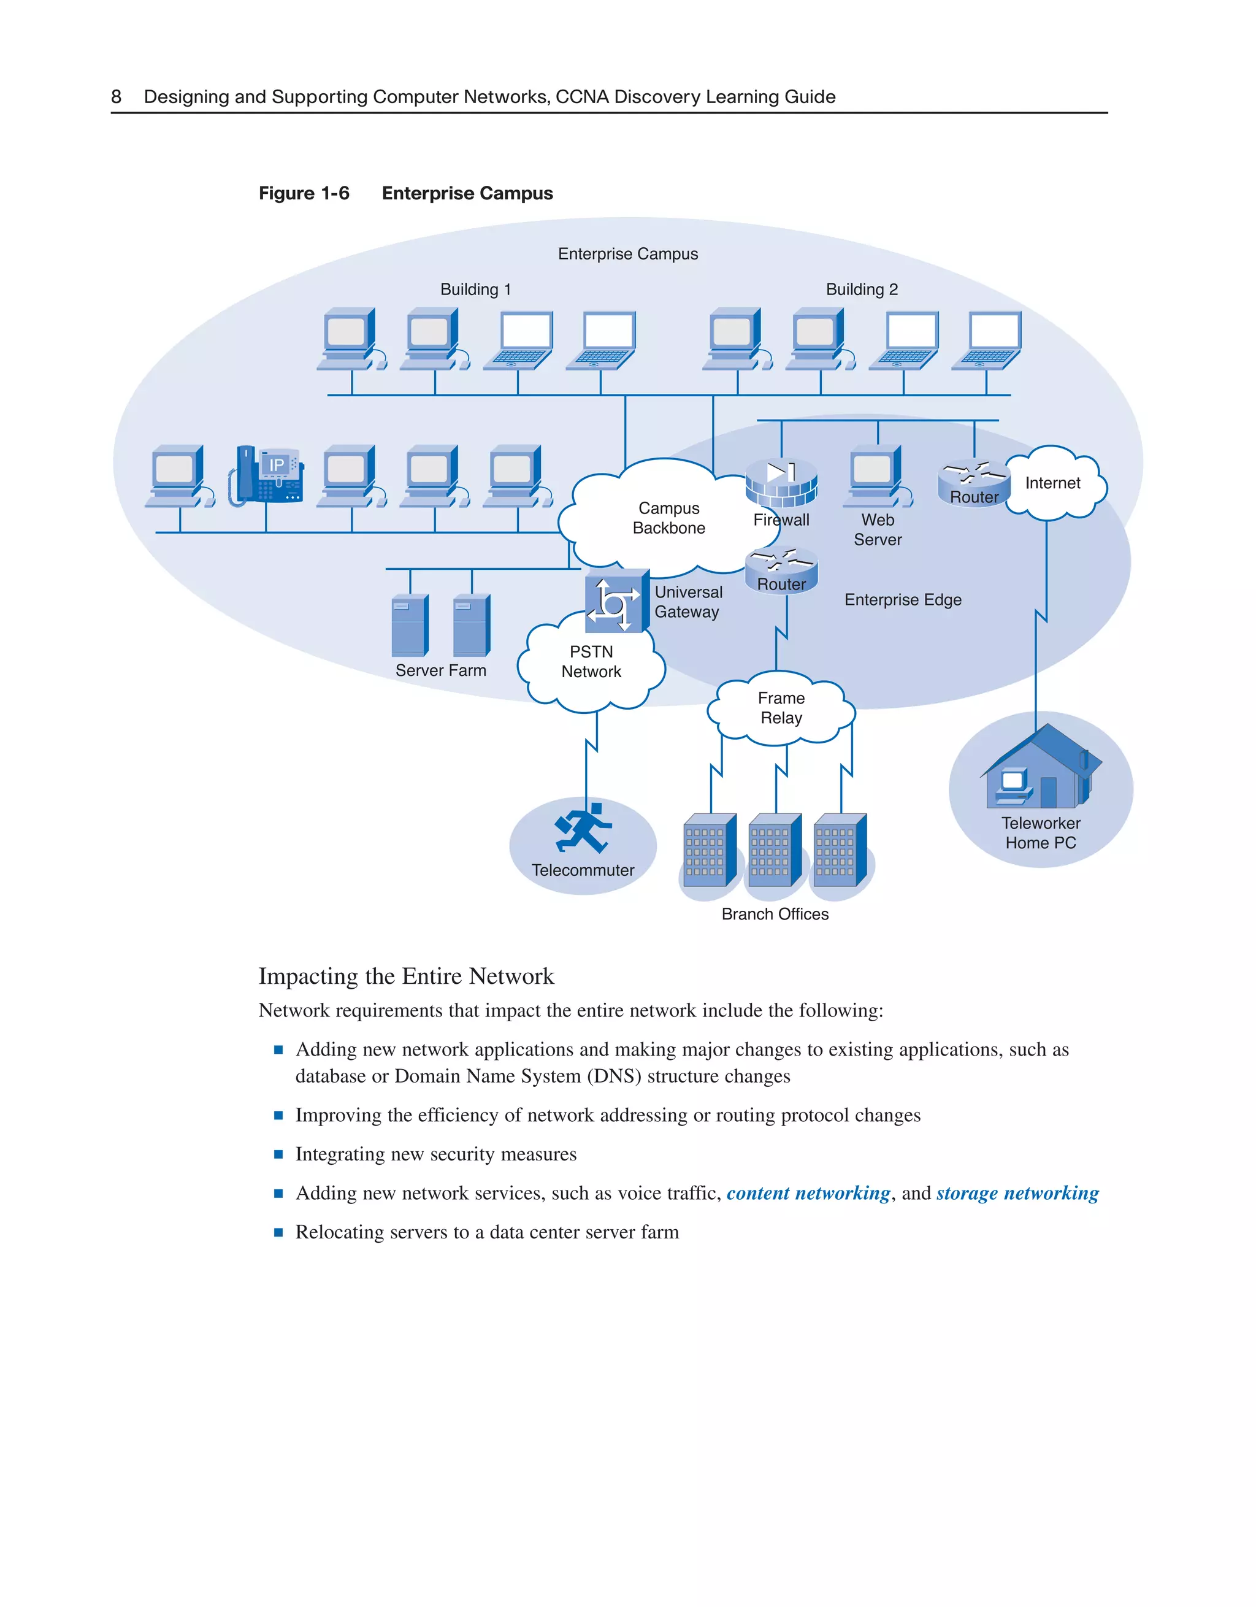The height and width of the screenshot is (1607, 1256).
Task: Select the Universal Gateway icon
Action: (616, 601)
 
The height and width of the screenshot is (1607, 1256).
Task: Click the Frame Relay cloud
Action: (781, 708)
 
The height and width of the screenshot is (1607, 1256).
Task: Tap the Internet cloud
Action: (1053, 483)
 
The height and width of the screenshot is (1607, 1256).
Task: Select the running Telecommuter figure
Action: (583, 828)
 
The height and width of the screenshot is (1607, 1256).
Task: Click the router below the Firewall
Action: (781, 570)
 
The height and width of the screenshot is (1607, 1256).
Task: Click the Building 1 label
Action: (475, 289)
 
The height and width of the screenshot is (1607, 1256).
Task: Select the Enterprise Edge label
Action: (902, 600)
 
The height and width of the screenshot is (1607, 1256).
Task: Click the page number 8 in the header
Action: (117, 97)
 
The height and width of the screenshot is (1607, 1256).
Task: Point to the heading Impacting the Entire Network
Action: (406, 976)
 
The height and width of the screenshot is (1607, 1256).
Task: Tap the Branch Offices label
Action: (775, 914)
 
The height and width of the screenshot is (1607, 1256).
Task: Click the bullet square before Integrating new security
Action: (278, 1154)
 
